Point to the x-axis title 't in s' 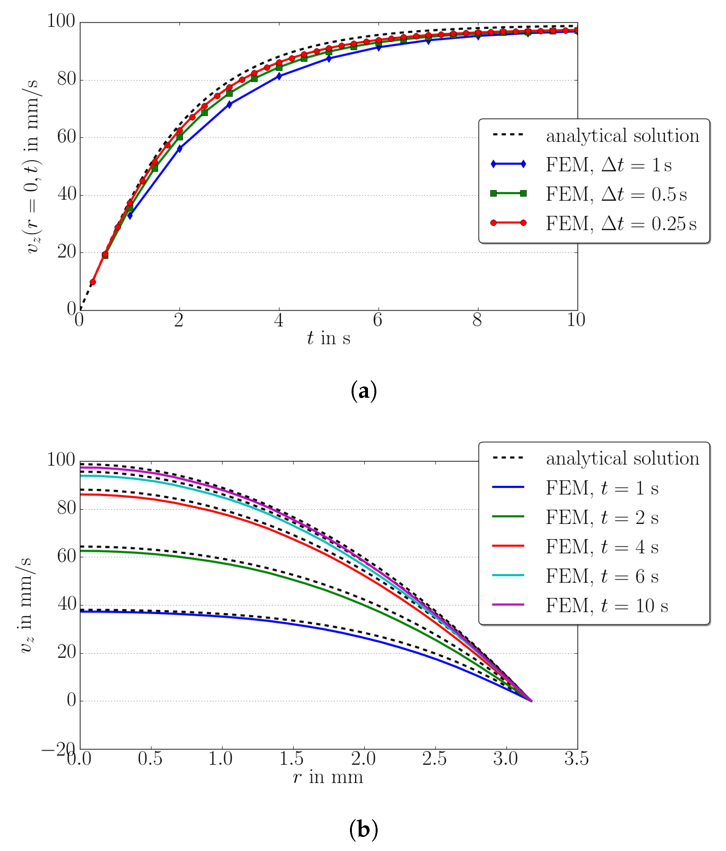point(328,338)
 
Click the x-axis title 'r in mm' point(328,777)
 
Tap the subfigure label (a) point(363,391)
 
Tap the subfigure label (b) point(363,829)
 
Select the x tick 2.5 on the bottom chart point(435,759)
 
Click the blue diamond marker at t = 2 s point(180,148)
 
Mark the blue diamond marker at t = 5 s point(329,58)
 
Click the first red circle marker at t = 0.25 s point(93,282)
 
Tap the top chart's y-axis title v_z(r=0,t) point(32,166)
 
